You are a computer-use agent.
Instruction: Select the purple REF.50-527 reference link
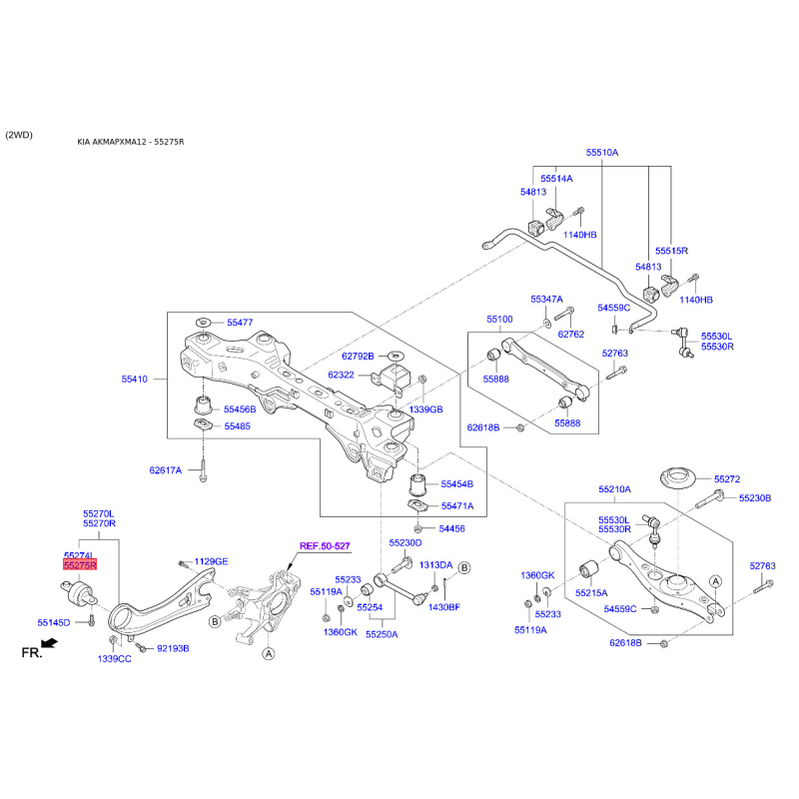[325, 546]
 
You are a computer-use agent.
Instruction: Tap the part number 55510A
[602, 153]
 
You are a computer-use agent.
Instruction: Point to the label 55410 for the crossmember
[135, 380]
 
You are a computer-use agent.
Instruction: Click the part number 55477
[240, 323]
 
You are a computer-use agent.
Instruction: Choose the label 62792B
[357, 356]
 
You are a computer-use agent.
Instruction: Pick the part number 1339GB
[425, 409]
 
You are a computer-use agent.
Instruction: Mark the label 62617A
[166, 469]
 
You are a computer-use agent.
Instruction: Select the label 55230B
[755, 497]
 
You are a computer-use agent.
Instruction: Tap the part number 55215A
[591, 592]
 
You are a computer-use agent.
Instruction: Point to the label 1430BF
[443, 607]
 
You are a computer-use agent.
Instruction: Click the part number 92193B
[172, 649]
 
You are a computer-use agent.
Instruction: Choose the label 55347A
[546, 299]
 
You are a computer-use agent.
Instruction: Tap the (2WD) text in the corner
[19, 134]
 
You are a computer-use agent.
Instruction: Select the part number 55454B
[457, 483]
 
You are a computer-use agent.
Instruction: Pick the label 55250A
[382, 633]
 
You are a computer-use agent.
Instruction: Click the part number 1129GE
[211, 561]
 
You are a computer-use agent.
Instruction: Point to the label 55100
[499, 320]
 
